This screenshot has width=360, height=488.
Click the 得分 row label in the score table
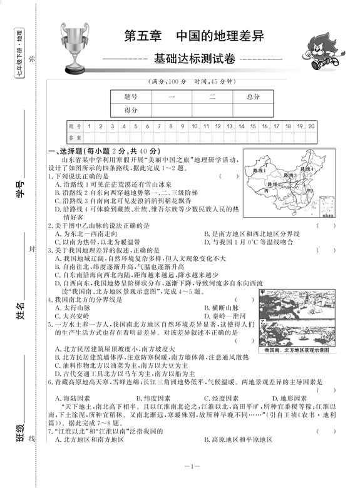pos(131,110)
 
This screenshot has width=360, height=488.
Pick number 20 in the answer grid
pos(311,126)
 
